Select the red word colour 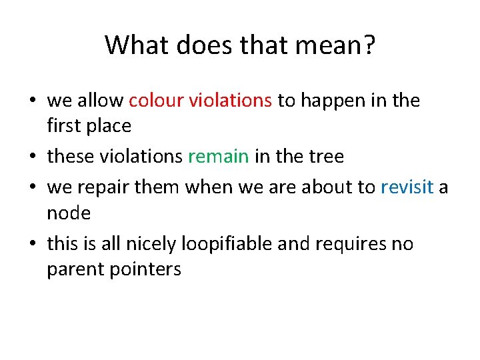pyautogui.click(x=156, y=101)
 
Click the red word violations pyautogui.click(x=231, y=101)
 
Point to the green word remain pyautogui.click(x=219, y=157)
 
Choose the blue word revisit pyautogui.click(x=407, y=188)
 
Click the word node pyautogui.click(x=69, y=213)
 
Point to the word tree pyautogui.click(x=326, y=157)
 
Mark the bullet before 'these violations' pyautogui.click(x=32, y=157)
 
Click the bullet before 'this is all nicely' pyautogui.click(x=32, y=245)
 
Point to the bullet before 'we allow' pyautogui.click(x=32, y=101)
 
